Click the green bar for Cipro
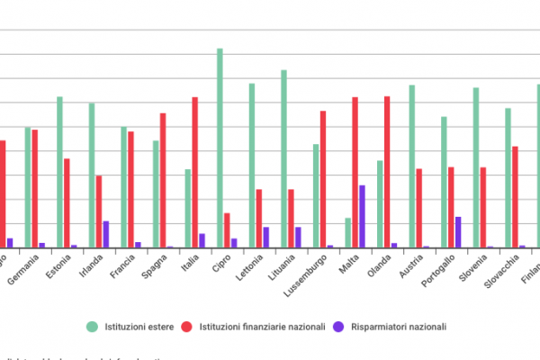pyautogui.click(x=220, y=148)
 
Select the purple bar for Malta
pyautogui.click(x=362, y=216)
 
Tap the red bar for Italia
pyautogui.click(x=194, y=172)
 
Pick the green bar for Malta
pyautogui.click(x=348, y=232)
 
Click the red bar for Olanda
pyautogui.click(x=387, y=171)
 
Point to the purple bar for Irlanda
pyautogui.click(x=105, y=234)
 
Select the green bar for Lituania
pyautogui.click(x=283, y=158)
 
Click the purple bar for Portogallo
pyautogui.click(x=458, y=232)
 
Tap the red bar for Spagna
pyautogui.click(x=163, y=180)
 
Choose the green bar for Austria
pyautogui.click(x=412, y=166)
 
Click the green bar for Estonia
pyautogui.click(x=60, y=172)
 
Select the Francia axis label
pyautogui.click(x=122, y=268)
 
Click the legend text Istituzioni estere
pyautogui.click(x=136, y=327)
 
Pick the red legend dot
pyautogui.click(x=187, y=327)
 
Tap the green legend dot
pyautogui.click(x=92, y=327)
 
